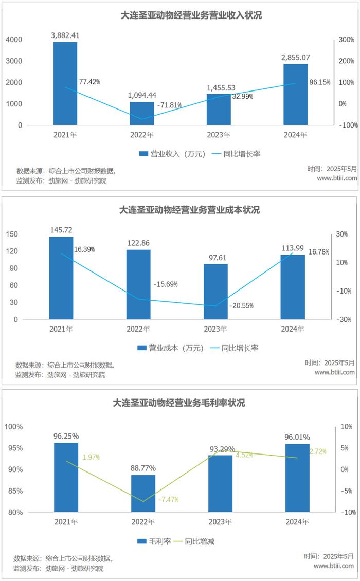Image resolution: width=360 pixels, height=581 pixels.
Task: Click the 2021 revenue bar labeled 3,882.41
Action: (x=65, y=83)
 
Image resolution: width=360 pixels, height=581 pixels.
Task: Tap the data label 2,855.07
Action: (x=295, y=58)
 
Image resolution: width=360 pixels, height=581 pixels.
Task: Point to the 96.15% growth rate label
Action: (x=320, y=82)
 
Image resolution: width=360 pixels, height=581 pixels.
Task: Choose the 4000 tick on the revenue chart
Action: (x=16, y=40)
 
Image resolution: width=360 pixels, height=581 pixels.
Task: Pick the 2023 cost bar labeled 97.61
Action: (x=215, y=292)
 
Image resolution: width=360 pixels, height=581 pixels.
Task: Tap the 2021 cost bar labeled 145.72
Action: (x=61, y=278)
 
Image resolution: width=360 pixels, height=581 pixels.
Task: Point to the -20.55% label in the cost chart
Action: (x=241, y=305)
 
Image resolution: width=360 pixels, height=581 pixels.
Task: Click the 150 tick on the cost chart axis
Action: (x=12, y=234)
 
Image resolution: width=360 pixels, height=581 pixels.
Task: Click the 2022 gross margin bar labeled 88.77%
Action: (x=143, y=494)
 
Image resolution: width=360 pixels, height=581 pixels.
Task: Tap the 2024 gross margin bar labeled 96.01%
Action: (x=297, y=478)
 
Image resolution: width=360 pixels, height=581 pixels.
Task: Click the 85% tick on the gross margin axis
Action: (x=14, y=491)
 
